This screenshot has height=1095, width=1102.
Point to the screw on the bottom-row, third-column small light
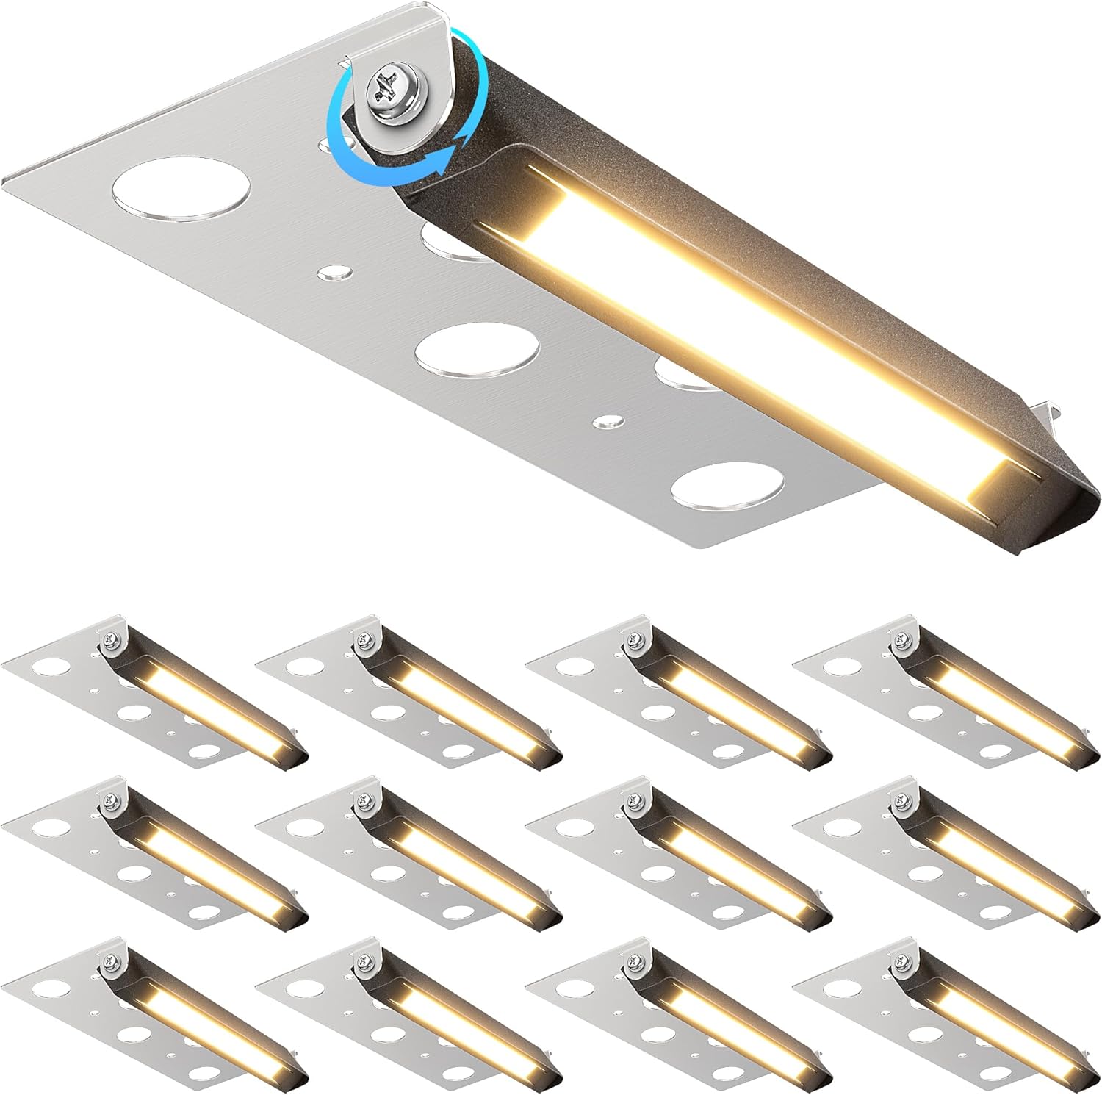[630, 959]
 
